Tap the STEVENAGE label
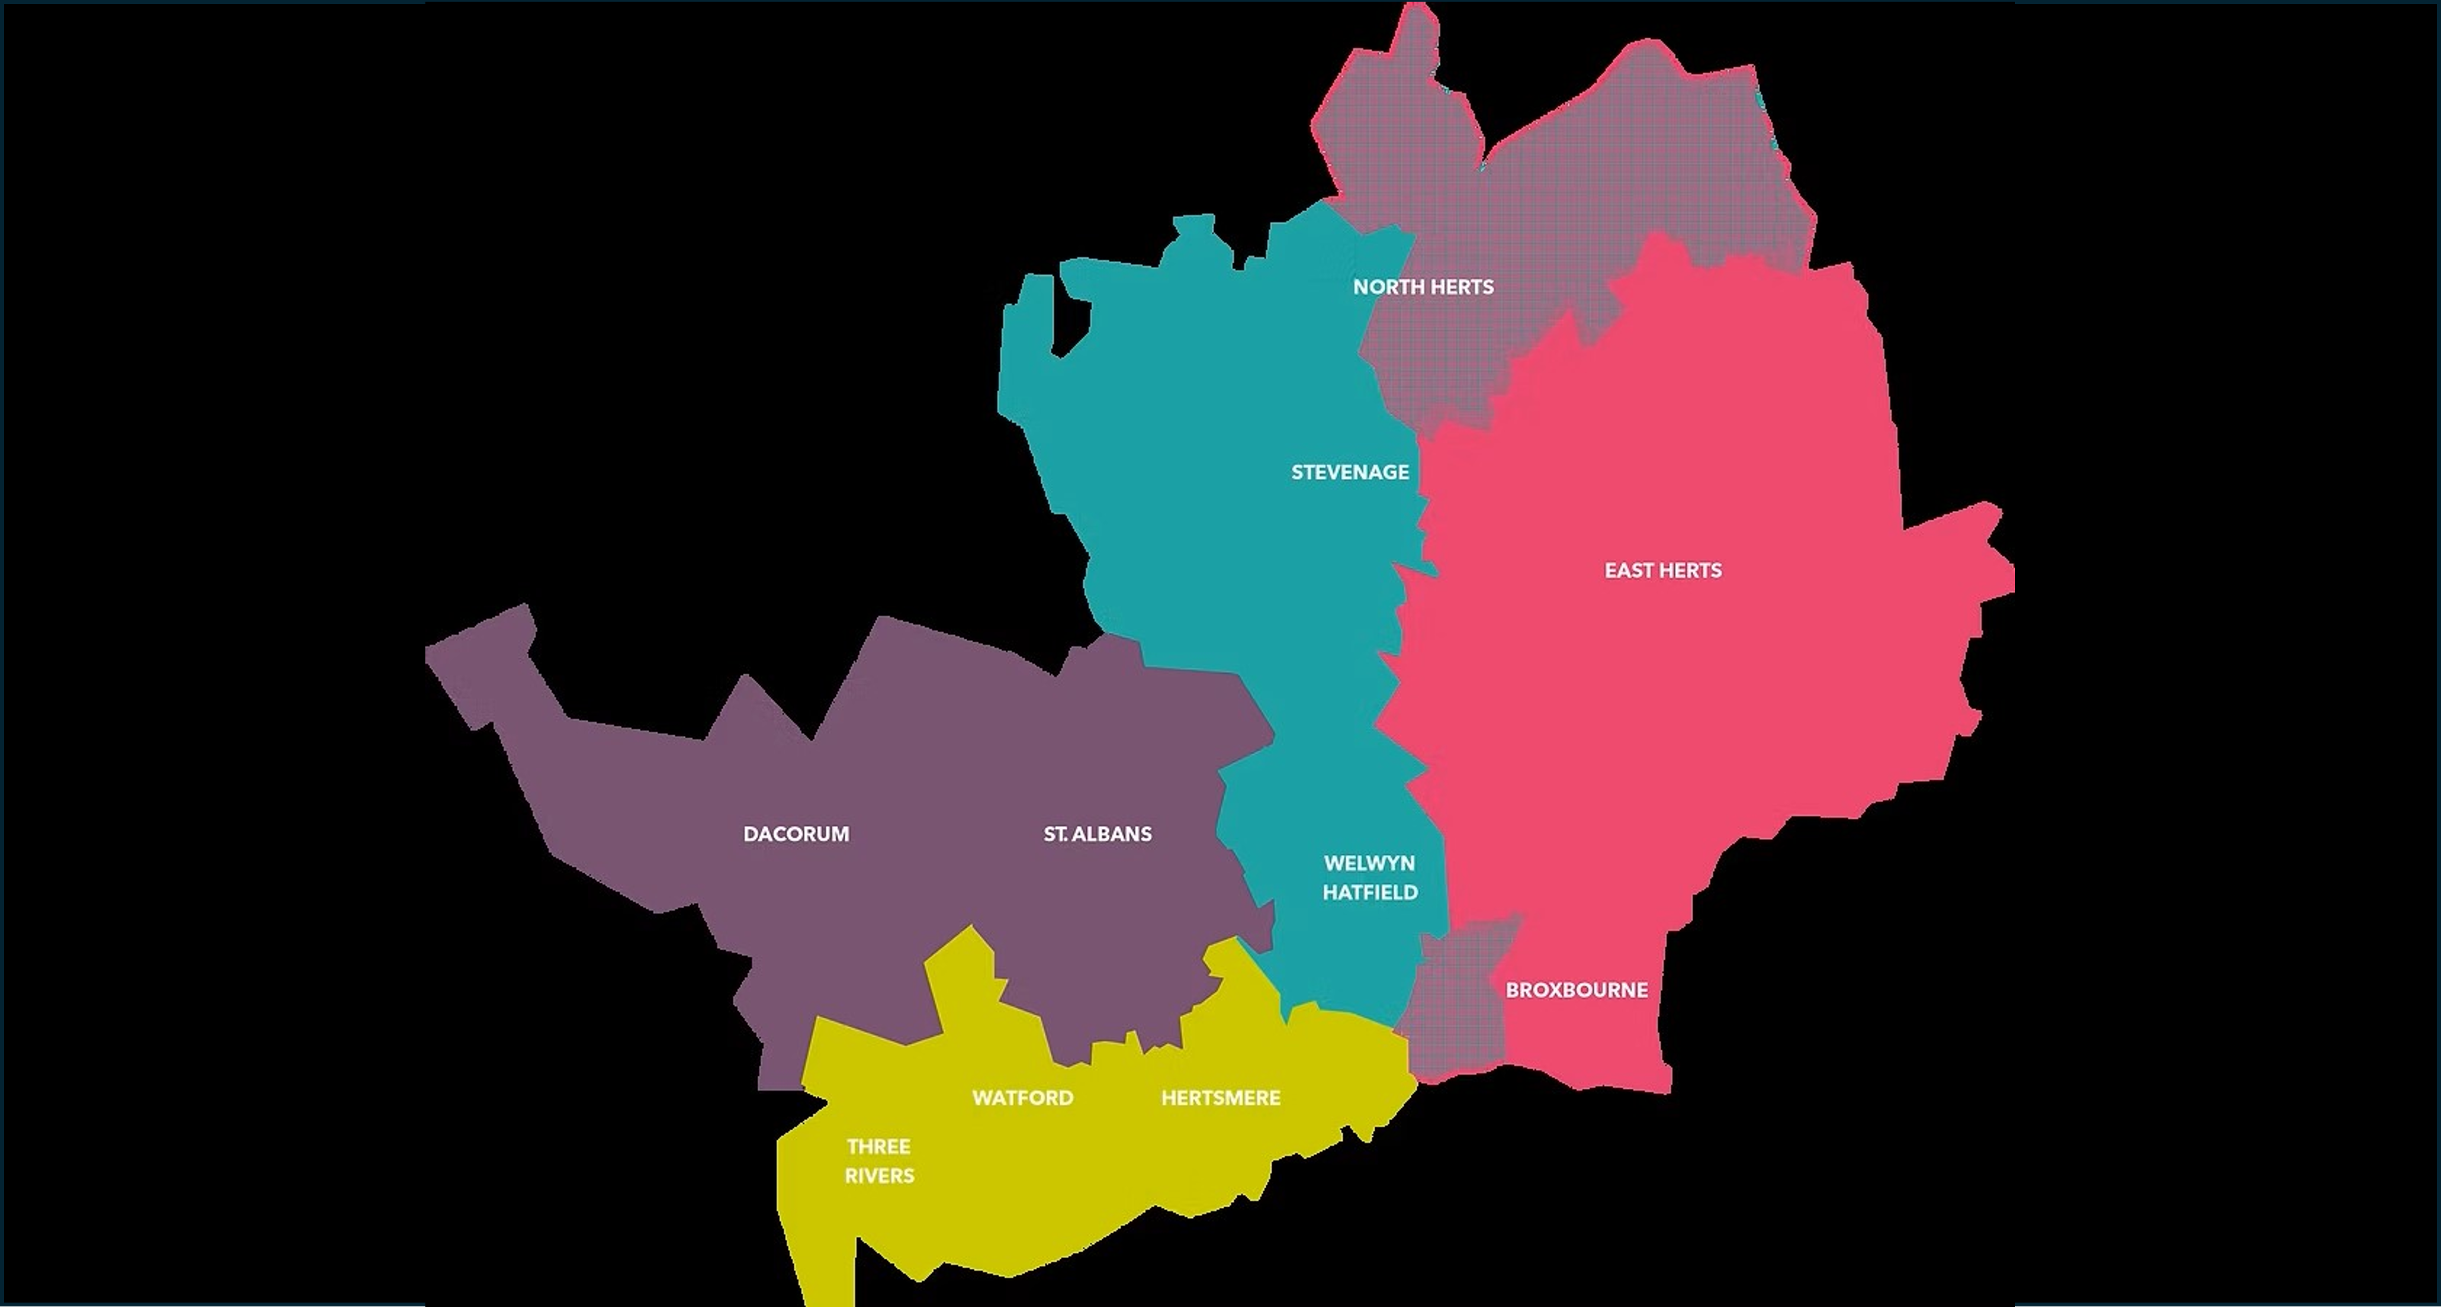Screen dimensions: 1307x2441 (x=1349, y=472)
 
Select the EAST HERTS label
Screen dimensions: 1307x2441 (x=1662, y=570)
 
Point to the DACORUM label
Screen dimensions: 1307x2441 (x=796, y=834)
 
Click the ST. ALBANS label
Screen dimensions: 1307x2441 (x=1097, y=834)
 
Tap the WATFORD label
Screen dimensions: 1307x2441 (x=1022, y=1098)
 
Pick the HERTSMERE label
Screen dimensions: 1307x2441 (x=1221, y=1098)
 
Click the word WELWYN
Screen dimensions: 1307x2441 (x=1369, y=863)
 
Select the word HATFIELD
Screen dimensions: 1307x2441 (x=1370, y=893)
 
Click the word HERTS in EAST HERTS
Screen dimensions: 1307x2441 (x=1692, y=570)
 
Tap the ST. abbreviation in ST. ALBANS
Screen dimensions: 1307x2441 (x=1055, y=834)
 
